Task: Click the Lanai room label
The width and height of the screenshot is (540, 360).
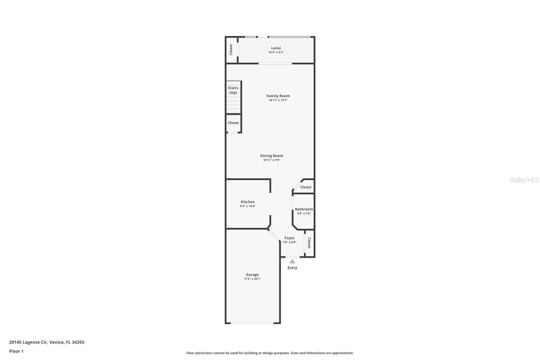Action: pos(276,48)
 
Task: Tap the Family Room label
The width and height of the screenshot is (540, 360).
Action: pos(278,96)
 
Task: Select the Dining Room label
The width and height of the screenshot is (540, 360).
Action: pos(271,156)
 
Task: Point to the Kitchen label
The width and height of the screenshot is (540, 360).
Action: pos(248,202)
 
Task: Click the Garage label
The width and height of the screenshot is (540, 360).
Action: pos(252,275)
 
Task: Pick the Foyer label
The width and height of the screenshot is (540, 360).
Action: pos(289,238)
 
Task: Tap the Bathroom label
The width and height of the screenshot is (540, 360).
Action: pos(304,209)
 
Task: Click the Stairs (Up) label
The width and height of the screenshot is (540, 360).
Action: pos(233,90)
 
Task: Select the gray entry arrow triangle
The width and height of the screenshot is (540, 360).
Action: pos(292,261)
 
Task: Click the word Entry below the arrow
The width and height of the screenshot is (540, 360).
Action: pos(292,268)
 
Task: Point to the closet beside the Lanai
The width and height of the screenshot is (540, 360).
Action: pos(231,50)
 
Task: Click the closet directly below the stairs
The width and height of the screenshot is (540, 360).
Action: pos(233,123)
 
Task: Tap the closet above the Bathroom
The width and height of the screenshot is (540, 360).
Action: pos(306,187)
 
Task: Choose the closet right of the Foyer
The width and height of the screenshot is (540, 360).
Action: pos(309,243)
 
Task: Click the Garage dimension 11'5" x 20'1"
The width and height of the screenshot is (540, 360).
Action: pos(252,279)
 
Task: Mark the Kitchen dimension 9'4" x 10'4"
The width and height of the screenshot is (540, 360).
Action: pos(248,206)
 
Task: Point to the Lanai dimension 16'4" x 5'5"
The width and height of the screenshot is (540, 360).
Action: pos(276,52)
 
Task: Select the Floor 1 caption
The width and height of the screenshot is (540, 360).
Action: pos(16,351)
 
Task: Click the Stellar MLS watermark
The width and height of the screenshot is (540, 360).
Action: pos(524,180)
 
